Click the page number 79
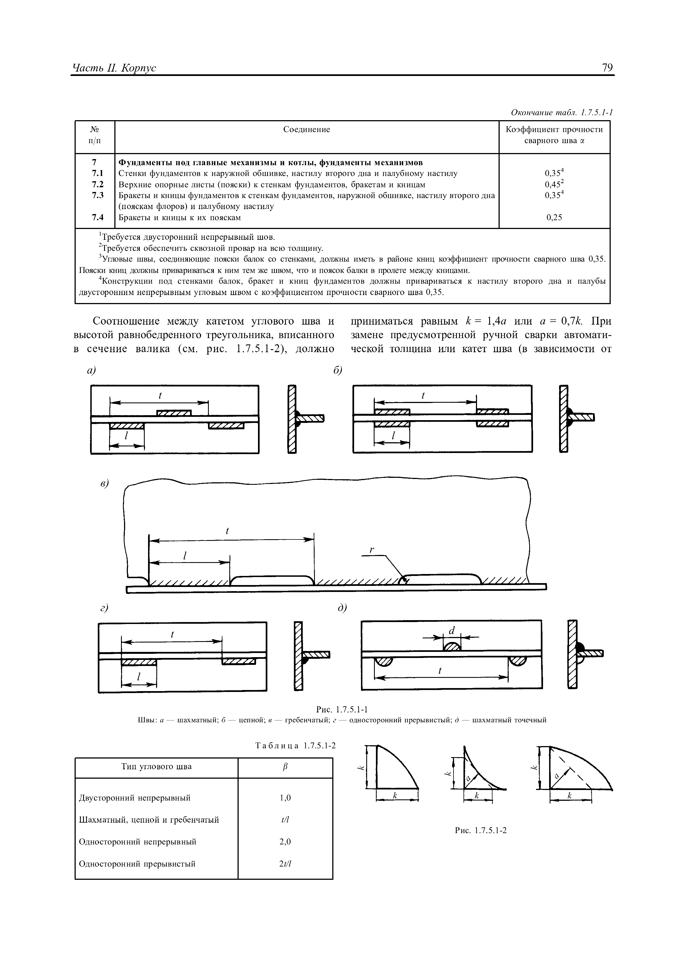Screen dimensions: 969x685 click(607, 67)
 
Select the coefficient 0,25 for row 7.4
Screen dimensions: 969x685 click(554, 217)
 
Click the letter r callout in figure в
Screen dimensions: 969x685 click(372, 549)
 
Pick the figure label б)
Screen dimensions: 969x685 click(337, 370)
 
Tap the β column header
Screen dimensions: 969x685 click(285, 767)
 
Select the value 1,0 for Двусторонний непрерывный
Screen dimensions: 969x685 click(285, 798)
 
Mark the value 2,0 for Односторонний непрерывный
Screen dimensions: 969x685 click(285, 842)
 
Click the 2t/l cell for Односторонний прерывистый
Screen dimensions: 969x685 click(285, 863)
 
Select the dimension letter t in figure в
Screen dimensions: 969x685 click(228, 531)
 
